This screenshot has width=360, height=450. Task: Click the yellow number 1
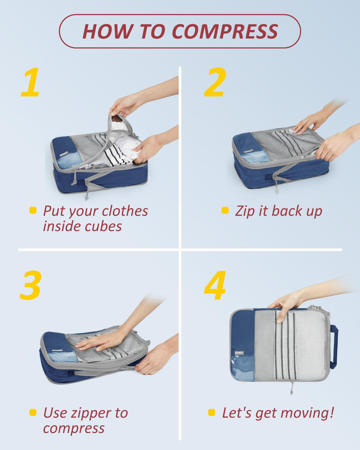coord(31,83)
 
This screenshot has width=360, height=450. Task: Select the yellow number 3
coord(31,285)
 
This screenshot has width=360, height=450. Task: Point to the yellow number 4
coord(215,285)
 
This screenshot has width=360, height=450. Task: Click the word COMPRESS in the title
coord(225,31)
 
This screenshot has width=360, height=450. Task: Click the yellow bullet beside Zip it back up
coord(225,211)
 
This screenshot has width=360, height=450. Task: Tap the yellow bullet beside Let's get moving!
coord(211,412)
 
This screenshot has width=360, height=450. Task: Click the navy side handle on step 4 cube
coord(334,347)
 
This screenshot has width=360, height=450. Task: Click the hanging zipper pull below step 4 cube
coord(291,389)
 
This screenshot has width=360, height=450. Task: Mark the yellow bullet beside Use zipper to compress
coord(33,412)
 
